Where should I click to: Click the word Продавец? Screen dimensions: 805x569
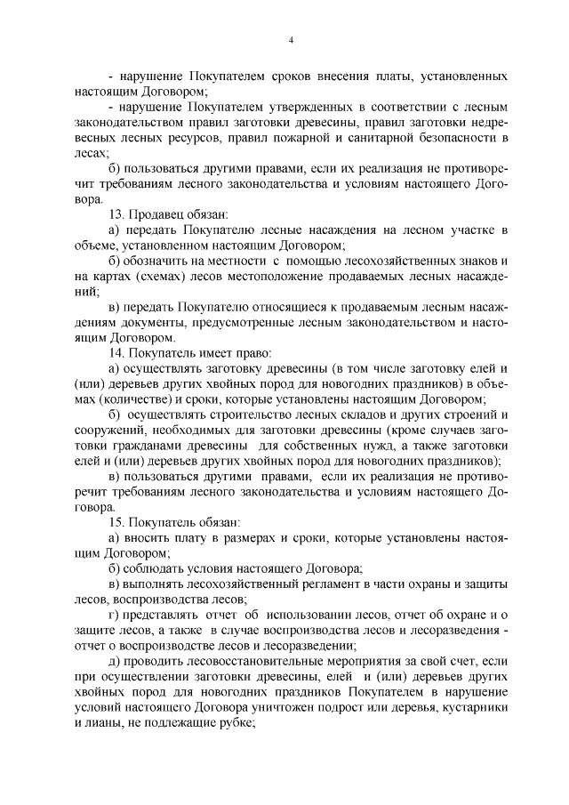point(155,214)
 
